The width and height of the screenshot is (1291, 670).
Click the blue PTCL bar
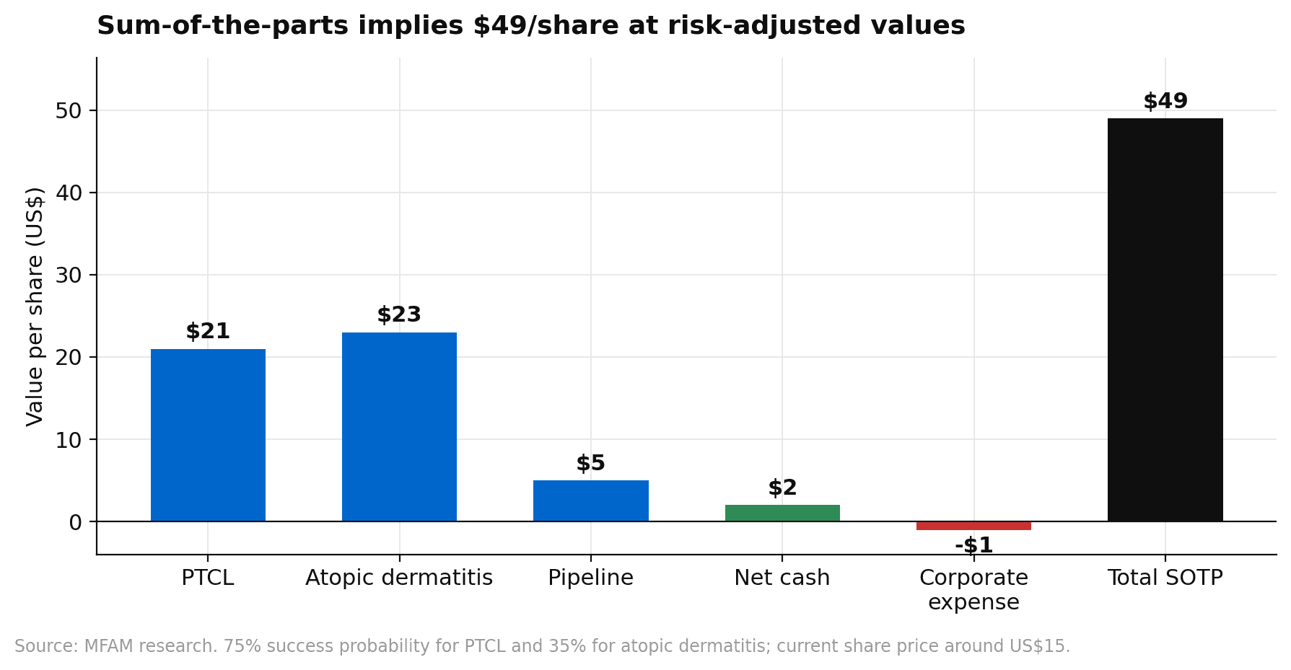[x=208, y=435]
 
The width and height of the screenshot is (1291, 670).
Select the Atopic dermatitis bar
[x=399, y=426]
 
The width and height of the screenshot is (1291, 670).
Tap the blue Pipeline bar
[x=590, y=501]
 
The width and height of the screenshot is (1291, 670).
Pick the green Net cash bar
[x=782, y=513]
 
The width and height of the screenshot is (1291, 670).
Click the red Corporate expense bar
[x=973, y=526]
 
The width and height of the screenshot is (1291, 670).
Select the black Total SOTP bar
[x=1165, y=319]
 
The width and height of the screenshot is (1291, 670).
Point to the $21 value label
[x=208, y=332]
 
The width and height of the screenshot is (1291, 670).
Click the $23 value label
[x=399, y=315]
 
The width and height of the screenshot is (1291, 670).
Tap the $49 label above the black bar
[x=1165, y=102]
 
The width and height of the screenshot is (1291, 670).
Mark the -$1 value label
[x=973, y=545]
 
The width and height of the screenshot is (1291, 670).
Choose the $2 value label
[x=782, y=488]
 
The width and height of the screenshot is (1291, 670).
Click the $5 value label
[x=590, y=464]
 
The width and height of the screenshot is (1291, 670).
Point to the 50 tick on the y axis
[x=69, y=110]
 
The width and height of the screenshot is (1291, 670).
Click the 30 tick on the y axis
[x=69, y=275]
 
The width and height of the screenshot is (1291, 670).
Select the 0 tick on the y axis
[x=76, y=521]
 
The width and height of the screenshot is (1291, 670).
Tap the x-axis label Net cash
[x=782, y=578]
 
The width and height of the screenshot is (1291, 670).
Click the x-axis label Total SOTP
[x=1165, y=578]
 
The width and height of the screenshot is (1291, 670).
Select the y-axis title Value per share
[x=35, y=307]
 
